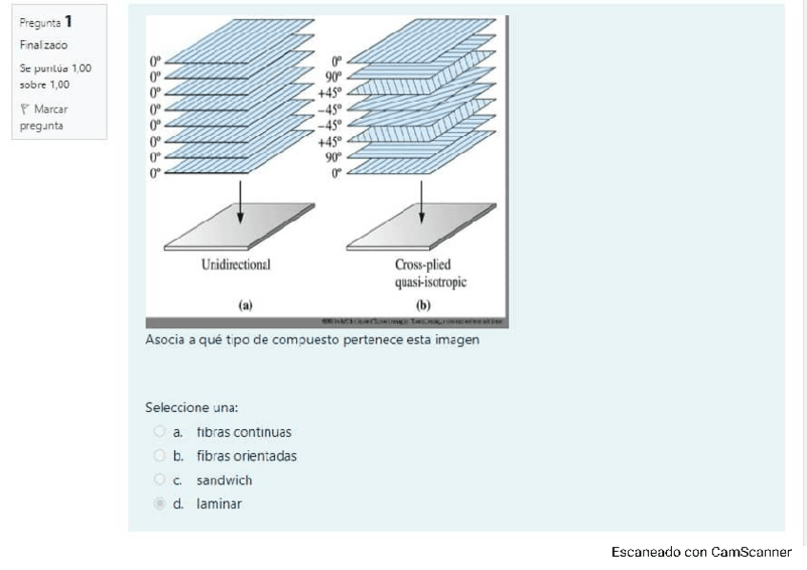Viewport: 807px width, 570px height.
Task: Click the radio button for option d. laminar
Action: [159, 504]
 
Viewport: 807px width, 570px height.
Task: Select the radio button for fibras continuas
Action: [159, 432]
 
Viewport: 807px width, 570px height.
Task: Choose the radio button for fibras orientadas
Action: [159, 456]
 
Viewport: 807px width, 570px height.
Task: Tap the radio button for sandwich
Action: [159, 481]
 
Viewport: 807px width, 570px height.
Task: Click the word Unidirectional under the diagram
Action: [236, 264]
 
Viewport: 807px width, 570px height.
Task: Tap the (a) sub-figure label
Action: [245, 305]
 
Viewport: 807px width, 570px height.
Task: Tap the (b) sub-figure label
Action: [424, 305]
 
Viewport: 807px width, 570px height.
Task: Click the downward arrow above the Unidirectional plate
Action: [240, 203]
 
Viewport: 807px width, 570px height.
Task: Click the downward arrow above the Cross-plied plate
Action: [421, 203]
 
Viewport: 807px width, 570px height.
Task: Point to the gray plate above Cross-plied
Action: [421, 228]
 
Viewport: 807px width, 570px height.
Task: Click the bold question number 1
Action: [69, 21]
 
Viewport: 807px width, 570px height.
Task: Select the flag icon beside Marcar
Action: [24, 108]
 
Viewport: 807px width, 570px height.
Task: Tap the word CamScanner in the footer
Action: [751, 552]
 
